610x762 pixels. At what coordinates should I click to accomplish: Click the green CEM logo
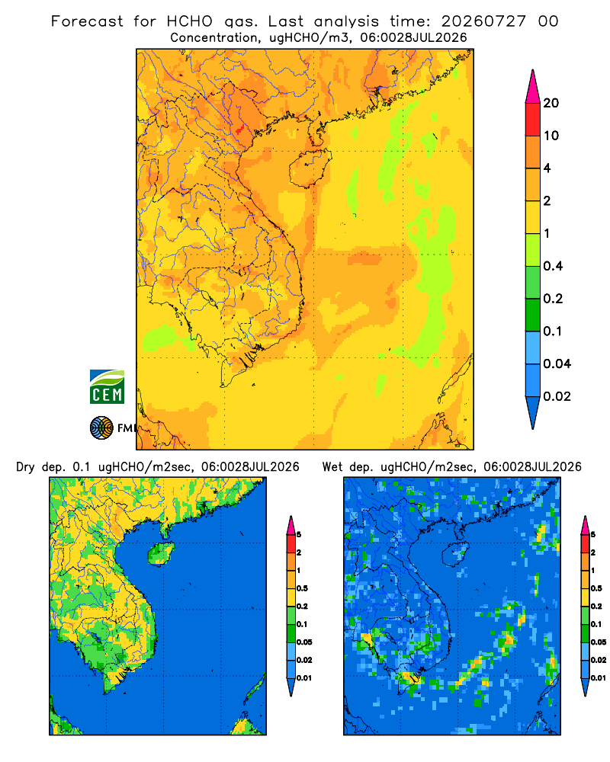tap(107, 387)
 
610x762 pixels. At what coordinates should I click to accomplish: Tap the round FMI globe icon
tap(101, 428)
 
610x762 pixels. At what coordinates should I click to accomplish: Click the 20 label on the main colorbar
tap(551, 103)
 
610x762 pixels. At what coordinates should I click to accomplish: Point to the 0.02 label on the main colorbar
tap(557, 396)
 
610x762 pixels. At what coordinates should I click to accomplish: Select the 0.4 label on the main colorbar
tap(553, 266)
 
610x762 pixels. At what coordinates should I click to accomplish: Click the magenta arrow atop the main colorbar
tap(533, 86)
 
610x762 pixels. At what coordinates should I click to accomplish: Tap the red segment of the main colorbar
tap(533, 120)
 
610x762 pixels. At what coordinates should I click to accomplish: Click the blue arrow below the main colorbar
tap(533, 413)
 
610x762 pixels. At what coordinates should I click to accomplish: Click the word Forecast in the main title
tap(87, 21)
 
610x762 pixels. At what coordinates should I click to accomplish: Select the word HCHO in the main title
tap(190, 21)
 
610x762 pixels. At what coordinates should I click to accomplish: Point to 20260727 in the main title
tap(483, 21)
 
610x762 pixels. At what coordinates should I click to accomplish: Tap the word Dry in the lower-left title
tap(26, 467)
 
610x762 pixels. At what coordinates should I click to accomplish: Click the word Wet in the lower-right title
tap(333, 467)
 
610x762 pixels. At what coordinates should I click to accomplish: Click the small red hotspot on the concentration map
tap(239, 130)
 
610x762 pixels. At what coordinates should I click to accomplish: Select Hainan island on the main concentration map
tap(310, 168)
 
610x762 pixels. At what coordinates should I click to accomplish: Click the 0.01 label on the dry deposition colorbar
tap(304, 678)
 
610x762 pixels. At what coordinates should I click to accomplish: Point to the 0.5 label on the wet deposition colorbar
tap(596, 588)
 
